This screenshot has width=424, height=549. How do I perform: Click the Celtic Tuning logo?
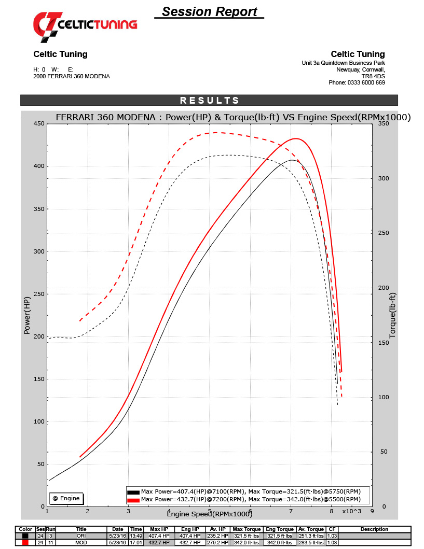tap(85, 24)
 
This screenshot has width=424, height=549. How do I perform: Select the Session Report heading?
tap(209, 12)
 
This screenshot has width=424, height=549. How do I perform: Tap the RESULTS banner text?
tap(209, 101)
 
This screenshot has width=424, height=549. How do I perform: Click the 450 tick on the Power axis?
tap(38, 123)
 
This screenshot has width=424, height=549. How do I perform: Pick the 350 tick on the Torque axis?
tap(384, 123)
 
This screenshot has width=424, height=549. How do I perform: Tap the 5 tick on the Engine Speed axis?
tap(209, 511)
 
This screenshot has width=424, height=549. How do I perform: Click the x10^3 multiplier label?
tap(351, 511)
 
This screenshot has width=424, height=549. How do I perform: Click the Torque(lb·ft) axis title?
tap(392, 315)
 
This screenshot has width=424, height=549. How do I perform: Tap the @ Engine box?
tap(66, 498)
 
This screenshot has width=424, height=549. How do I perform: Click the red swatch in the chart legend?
tap(133, 500)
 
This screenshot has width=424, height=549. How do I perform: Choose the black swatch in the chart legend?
tap(133, 491)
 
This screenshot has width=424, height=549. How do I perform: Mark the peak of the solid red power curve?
tap(296, 138)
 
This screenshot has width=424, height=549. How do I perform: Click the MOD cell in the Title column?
tap(80, 542)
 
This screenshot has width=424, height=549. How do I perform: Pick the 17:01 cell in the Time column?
tap(136, 542)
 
